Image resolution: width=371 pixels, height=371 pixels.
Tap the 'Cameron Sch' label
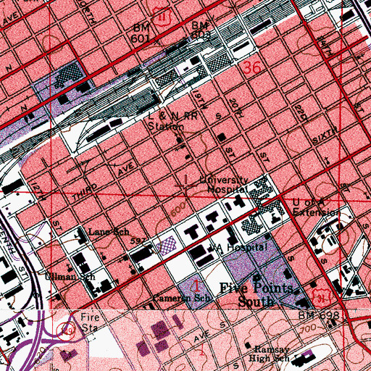[172, 299]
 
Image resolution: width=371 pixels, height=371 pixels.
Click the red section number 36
[251, 68]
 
